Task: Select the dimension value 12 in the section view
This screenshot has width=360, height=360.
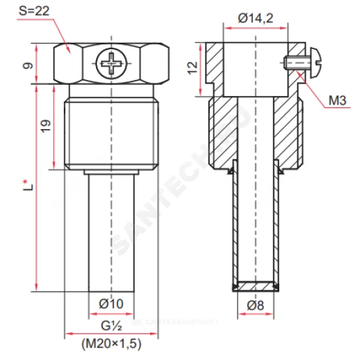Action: (x=192, y=68)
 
